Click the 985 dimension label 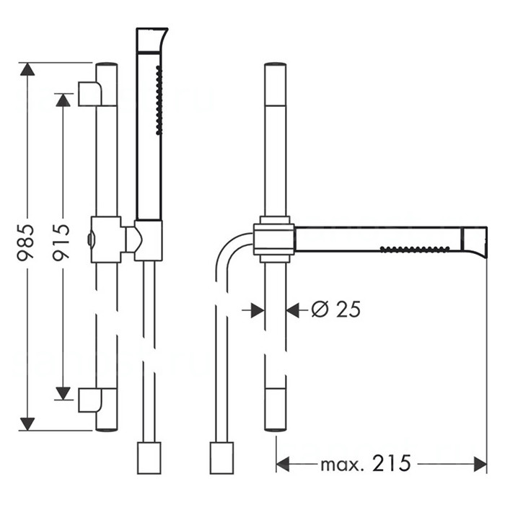point(25,242)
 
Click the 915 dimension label point(61,242)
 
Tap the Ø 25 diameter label point(336,309)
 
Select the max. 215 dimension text point(366,464)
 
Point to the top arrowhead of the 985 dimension point(27,69)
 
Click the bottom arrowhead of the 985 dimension point(27,424)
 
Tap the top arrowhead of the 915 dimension point(63,100)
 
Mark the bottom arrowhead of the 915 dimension point(63,393)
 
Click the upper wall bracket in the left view point(90,94)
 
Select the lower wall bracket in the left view point(90,400)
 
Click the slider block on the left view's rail point(106,240)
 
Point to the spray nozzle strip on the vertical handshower point(158,100)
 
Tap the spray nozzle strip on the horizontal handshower point(415,249)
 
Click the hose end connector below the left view point(149,458)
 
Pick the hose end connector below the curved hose point(221,458)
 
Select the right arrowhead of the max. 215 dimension point(480,464)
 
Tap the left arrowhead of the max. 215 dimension point(283,464)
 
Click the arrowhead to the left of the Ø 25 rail point(258,310)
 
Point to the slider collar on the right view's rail point(273,240)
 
